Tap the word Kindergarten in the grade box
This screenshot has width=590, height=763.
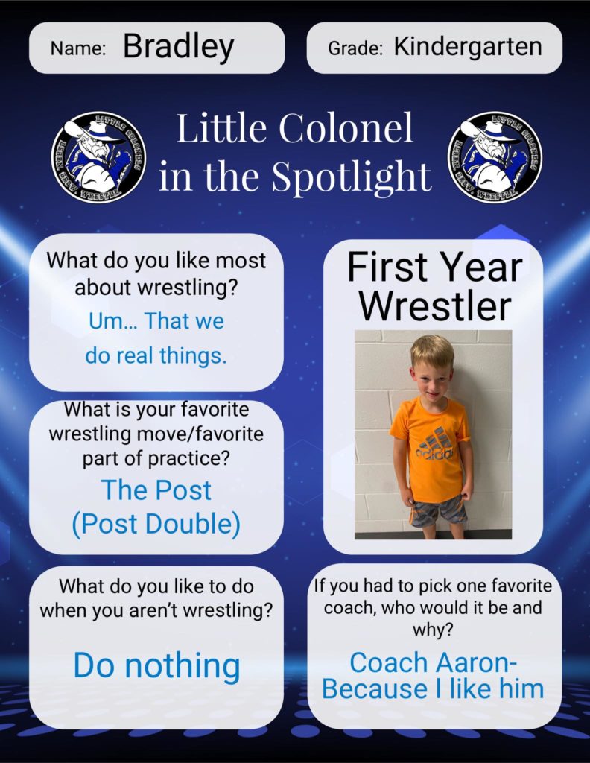(468, 47)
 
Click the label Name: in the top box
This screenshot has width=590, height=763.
(77, 48)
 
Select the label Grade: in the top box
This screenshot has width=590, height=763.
(355, 48)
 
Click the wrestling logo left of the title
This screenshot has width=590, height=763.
(99, 157)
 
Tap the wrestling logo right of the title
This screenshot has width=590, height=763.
(495, 157)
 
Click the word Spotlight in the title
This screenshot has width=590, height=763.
(351, 177)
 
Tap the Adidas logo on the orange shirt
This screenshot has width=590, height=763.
(434, 444)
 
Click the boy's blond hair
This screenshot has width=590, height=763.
(431, 349)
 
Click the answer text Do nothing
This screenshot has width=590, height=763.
(156, 665)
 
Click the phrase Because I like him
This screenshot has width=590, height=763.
(432, 689)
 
